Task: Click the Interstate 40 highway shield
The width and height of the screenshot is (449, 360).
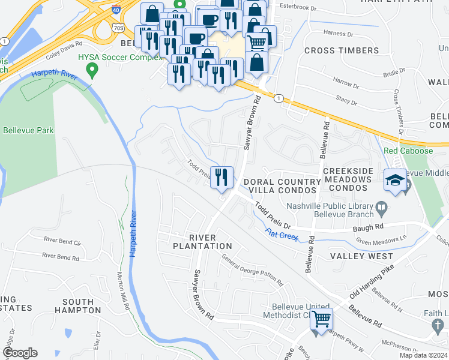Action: coord(115,10)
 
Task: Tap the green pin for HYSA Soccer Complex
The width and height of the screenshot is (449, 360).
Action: coord(92,71)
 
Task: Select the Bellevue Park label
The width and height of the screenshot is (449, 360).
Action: coord(28,130)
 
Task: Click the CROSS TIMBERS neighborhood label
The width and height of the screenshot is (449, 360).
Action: coord(341,50)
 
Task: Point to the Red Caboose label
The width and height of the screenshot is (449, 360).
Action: coord(408,151)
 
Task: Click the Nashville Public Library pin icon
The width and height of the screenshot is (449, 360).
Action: coord(381,209)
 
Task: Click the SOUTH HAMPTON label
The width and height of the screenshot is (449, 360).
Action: coord(77,305)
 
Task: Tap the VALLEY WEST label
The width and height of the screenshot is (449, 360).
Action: coord(361,256)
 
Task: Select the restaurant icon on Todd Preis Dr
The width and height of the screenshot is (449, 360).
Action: coord(221,176)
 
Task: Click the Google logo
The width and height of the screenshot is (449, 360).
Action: coord(20,353)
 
